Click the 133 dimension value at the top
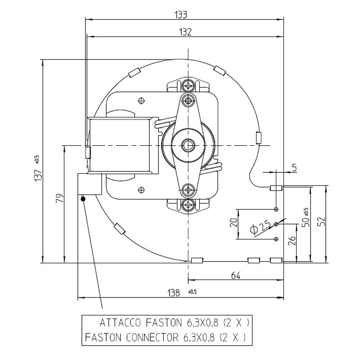[x=181, y=15]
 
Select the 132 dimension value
[x=185, y=32]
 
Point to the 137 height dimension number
[x=38, y=175]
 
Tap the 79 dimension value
[x=60, y=198]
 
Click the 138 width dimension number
[x=174, y=293]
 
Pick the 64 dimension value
[x=235, y=275]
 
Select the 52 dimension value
[x=322, y=221]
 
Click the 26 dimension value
[x=292, y=241]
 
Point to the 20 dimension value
[x=234, y=223]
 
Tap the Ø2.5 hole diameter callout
[x=261, y=228]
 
